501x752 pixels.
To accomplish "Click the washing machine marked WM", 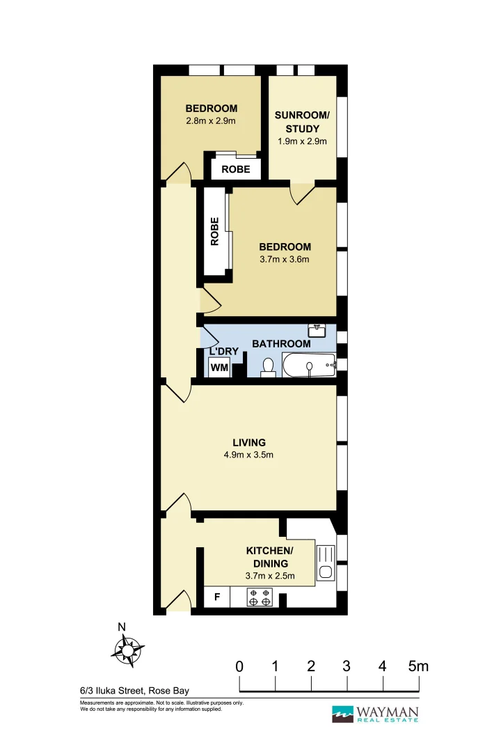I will (x=218, y=367).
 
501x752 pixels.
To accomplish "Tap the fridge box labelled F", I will (x=216, y=597).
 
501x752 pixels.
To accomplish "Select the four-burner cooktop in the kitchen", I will (x=260, y=597).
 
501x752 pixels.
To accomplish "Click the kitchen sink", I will (x=324, y=563).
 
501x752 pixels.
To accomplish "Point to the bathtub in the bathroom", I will (x=309, y=365).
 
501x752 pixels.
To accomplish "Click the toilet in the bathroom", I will (x=267, y=368).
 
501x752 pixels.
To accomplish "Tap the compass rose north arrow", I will (x=128, y=649).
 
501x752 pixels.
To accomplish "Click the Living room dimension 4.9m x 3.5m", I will (x=248, y=456).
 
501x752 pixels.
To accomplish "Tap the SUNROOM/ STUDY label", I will (x=302, y=122).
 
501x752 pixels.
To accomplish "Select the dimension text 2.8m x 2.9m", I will (x=211, y=121).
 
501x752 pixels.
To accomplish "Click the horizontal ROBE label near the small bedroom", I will (x=235, y=169).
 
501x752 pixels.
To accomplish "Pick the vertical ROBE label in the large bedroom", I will (x=215, y=232).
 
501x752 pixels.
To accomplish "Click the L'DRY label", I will (x=224, y=352).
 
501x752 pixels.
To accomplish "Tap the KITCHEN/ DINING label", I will (x=270, y=557).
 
